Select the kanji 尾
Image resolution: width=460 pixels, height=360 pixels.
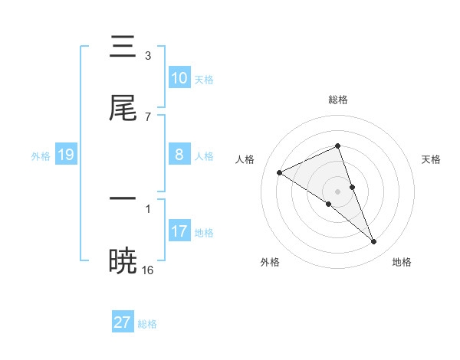point(123,109)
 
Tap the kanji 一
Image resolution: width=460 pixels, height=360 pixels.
point(123,198)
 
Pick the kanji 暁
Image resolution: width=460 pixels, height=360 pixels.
point(123,260)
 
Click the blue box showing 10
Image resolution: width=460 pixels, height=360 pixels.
point(179,77)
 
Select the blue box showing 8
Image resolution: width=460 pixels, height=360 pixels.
point(179,154)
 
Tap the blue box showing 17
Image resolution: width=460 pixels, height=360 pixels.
point(179,231)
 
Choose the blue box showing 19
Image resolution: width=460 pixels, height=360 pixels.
point(66,155)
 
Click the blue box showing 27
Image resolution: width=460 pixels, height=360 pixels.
point(123,322)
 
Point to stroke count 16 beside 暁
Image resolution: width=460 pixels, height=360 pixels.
point(148,270)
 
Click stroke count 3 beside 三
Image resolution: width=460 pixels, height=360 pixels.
point(148,55)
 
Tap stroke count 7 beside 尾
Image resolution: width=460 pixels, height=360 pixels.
point(148,116)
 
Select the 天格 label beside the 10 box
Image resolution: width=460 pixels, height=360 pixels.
point(204,79)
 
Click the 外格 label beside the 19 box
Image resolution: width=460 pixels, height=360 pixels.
point(41,156)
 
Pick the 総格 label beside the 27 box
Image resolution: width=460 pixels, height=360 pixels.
point(147,324)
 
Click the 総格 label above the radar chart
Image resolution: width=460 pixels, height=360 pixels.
point(338,100)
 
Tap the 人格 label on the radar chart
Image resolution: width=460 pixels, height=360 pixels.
point(245,159)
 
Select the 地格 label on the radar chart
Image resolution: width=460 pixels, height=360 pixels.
point(402,262)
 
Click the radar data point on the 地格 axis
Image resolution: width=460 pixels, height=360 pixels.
point(374,242)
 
